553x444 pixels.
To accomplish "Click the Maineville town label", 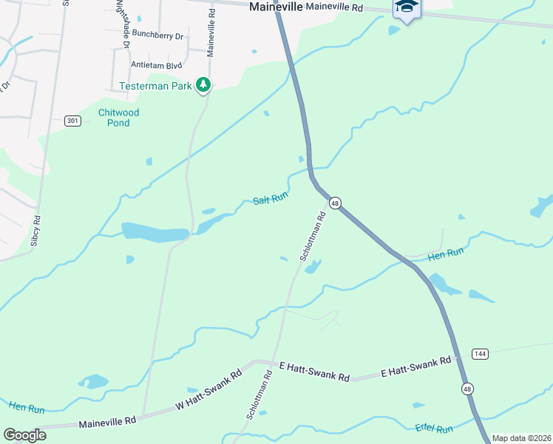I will coord(276,7).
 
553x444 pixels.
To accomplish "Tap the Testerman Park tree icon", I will coord(203,86).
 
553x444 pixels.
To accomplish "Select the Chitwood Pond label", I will coord(118,118).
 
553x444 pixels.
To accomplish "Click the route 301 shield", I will coord(72,121).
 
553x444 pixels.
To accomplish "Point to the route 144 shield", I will coord(479,354).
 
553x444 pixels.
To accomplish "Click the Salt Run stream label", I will coord(270,199).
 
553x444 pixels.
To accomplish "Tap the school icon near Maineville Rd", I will coord(406,7).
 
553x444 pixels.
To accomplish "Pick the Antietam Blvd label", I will coord(157,64).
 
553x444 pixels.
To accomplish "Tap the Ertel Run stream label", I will coord(433,428).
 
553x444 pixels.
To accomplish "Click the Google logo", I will coord(24,435).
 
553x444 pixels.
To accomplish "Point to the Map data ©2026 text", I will coord(521,438).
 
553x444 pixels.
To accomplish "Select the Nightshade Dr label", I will coord(123,25).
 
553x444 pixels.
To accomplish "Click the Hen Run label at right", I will coord(445,253).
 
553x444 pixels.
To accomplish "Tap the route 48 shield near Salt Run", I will coord(335,203).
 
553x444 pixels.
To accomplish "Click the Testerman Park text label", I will coord(156,86).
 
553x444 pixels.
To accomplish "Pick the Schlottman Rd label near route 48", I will coord(313,236).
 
